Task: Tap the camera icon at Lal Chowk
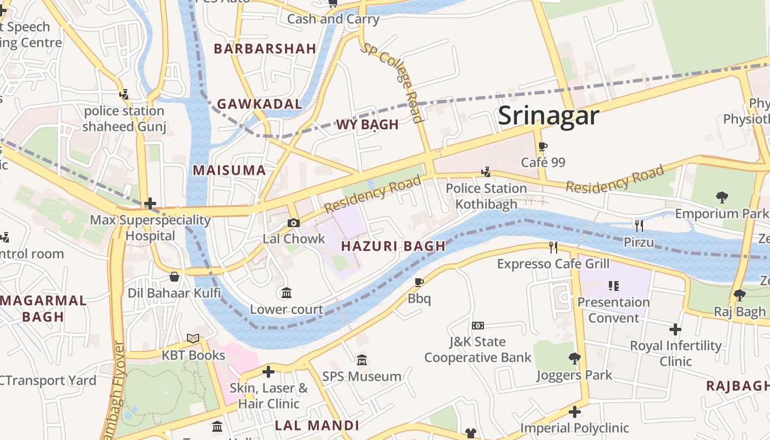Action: pos(294,223)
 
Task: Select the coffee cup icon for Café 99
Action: pos(543,147)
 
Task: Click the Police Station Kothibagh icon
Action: pos(486,173)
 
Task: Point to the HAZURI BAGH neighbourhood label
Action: pos(393,246)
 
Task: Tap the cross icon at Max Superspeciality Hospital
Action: pos(150,204)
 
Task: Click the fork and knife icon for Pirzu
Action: pos(639,226)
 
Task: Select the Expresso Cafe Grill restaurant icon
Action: pos(553,248)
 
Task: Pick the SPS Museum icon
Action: pos(361,360)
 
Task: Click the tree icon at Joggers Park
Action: pos(574,359)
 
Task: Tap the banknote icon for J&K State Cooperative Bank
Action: pos(477,326)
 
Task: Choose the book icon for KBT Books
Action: pos(193,339)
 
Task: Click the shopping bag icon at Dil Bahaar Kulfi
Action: pos(174,277)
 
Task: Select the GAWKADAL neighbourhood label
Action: pos(260,104)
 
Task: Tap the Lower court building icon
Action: pos(286,293)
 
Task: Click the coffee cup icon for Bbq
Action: pos(419,283)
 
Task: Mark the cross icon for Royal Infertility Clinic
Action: pos(675,329)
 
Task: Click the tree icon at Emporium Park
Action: pos(722,197)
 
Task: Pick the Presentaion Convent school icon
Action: pos(613,286)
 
